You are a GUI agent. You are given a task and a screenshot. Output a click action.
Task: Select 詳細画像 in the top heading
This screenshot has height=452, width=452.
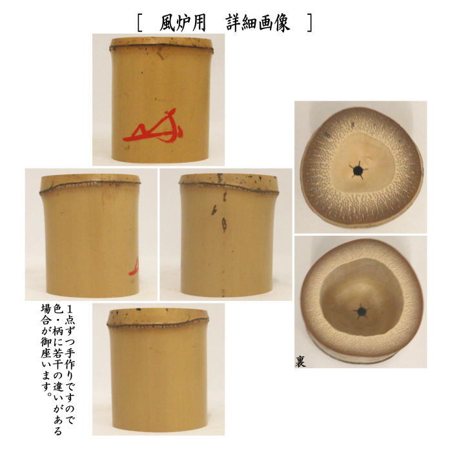[258, 23]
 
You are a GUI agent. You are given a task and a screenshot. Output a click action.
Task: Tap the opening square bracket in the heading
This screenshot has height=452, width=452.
[140, 23]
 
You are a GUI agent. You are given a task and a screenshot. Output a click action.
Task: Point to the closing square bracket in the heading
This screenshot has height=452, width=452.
[309, 23]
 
